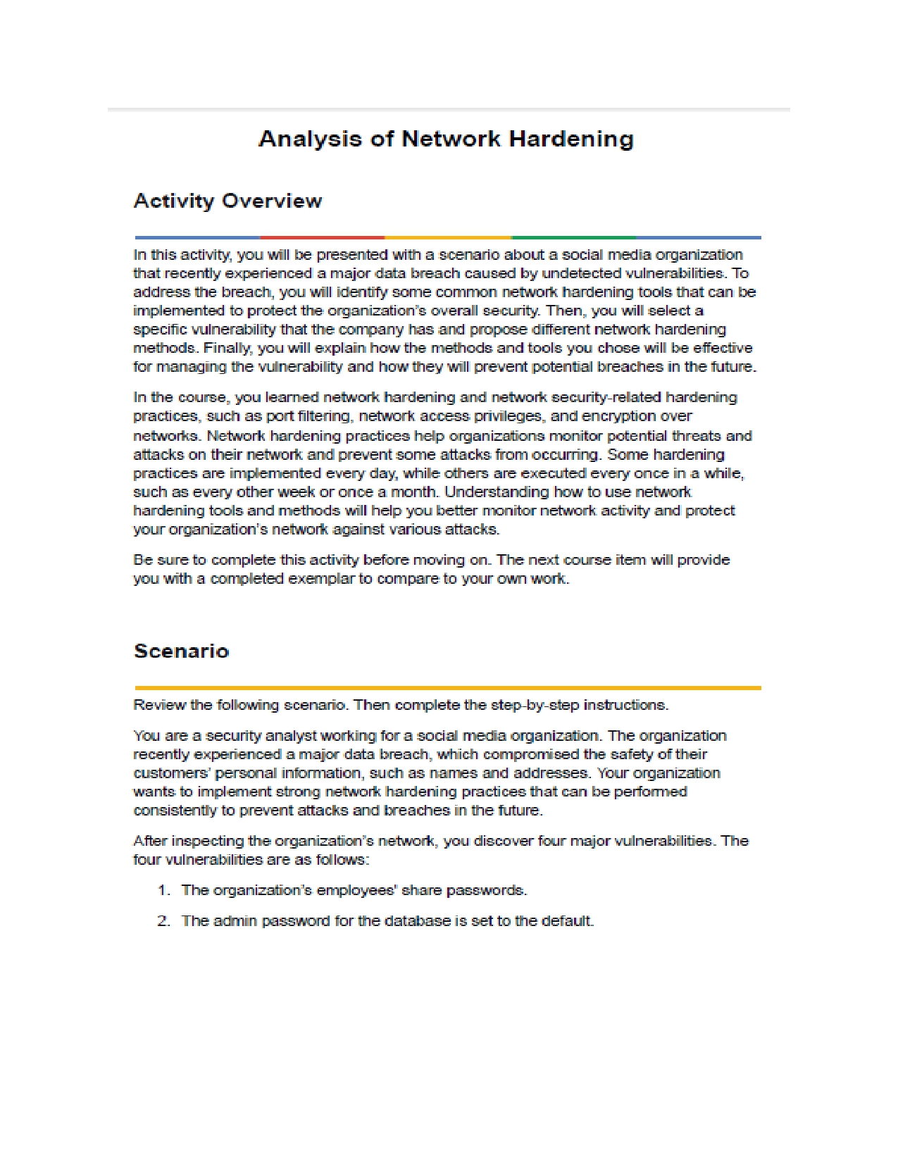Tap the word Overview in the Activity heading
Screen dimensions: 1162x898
(x=272, y=201)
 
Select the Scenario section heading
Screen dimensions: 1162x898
(x=182, y=651)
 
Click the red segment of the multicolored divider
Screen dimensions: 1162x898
(x=322, y=238)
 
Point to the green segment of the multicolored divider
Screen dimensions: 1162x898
(x=573, y=238)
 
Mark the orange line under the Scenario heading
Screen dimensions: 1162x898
(x=447, y=688)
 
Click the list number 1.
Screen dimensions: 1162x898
(x=163, y=890)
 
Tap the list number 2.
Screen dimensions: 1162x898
(x=163, y=921)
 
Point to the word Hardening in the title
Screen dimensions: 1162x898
(x=571, y=139)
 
